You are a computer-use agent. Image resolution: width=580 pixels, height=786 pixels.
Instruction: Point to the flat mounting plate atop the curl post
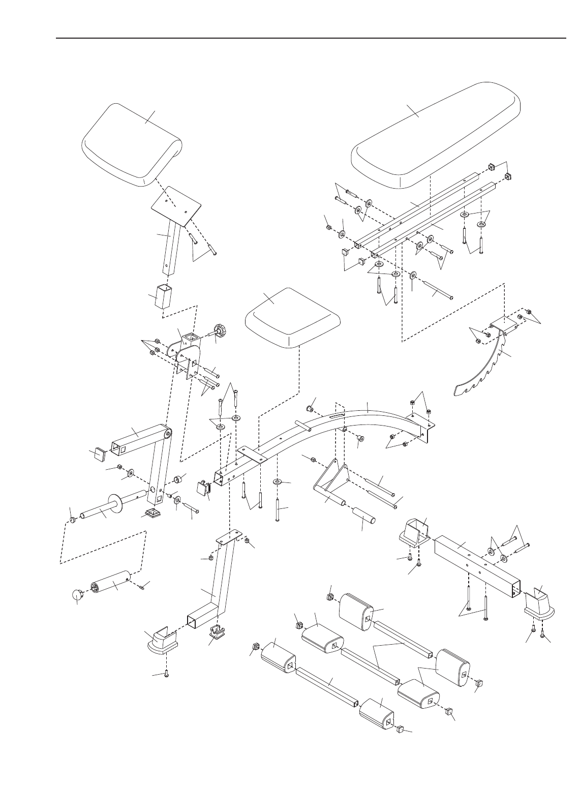[x=177, y=207]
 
